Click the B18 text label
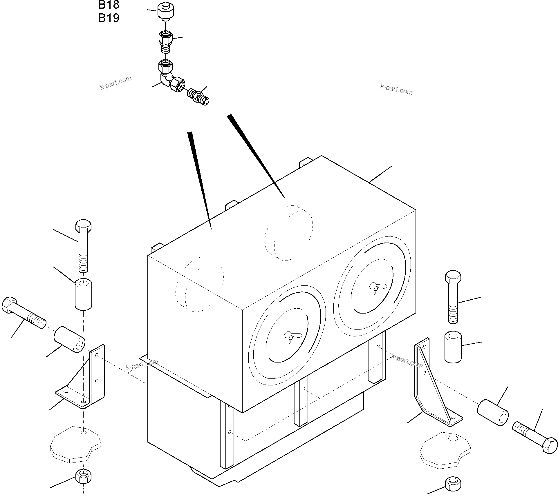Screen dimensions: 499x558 (109, 5)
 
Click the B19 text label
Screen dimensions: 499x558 (109, 18)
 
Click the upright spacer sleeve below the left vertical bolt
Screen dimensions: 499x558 (84, 294)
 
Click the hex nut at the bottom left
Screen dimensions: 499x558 (84, 476)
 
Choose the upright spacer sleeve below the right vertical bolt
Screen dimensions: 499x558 (453, 347)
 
